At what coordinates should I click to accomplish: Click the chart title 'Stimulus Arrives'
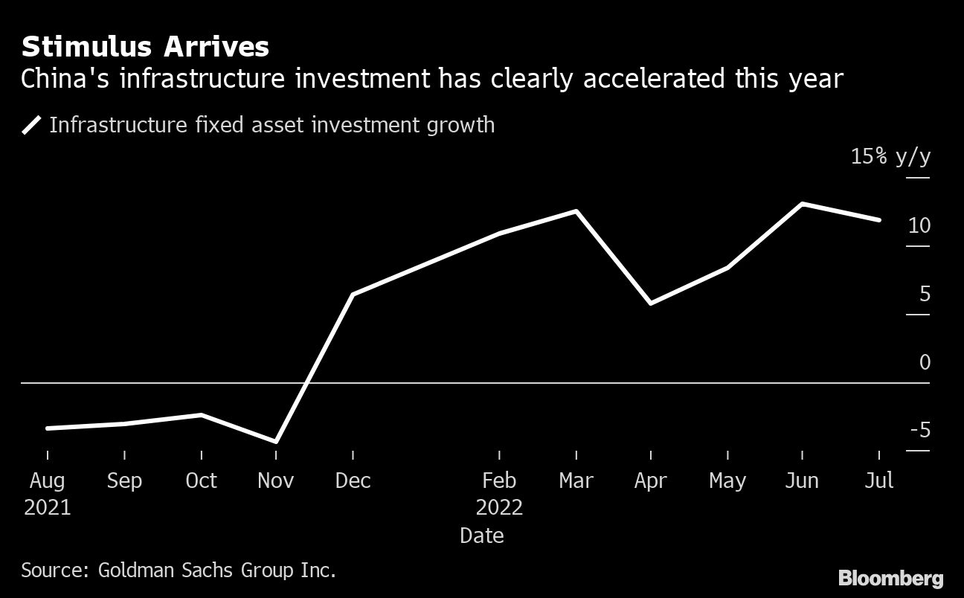[145, 47]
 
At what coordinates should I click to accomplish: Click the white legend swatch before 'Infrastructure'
[31, 125]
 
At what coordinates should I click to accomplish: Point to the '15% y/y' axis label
[890, 157]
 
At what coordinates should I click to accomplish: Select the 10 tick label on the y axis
[919, 225]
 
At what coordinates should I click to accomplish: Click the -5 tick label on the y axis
[919, 430]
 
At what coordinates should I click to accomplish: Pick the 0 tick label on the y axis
[925, 362]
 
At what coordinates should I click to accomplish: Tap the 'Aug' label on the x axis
[47, 480]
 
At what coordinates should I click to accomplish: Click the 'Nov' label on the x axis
[276, 480]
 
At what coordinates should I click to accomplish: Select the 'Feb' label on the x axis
[499, 480]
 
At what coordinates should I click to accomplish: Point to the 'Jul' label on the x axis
[879, 480]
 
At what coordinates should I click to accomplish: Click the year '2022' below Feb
[499, 508]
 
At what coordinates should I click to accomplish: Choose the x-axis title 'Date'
[482, 536]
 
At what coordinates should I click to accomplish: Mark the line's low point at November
[276, 442]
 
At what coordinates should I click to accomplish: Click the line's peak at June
[802, 204]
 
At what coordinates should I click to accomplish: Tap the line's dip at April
[651, 303]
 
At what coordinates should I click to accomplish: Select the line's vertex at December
[353, 295]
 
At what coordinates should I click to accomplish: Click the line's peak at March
[576, 211]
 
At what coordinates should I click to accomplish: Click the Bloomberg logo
[890, 578]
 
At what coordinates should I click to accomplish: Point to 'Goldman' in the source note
[138, 570]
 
